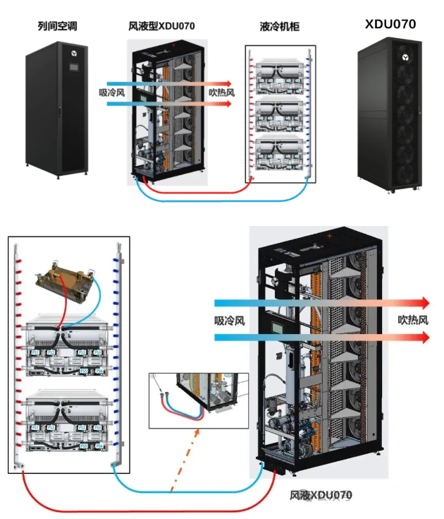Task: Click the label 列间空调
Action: (57, 27)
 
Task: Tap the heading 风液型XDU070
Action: (161, 27)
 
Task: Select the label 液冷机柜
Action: (280, 27)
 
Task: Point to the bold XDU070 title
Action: (390, 24)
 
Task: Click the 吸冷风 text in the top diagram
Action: (112, 93)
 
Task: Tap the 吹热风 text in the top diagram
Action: (221, 93)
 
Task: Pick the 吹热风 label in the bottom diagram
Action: (413, 320)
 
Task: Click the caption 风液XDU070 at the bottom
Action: (321, 495)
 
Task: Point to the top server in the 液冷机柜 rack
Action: (280, 78)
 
